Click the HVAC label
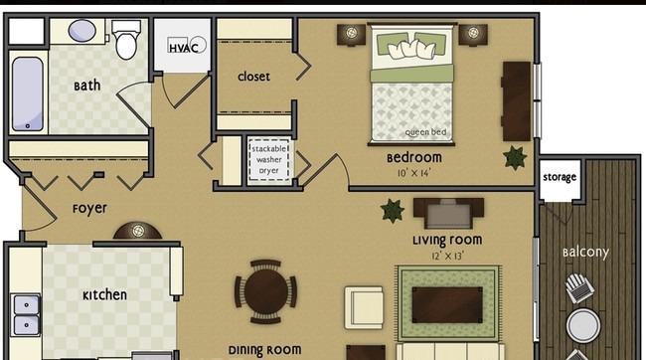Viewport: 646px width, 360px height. [x=183, y=48]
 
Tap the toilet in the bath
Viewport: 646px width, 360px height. [x=126, y=40]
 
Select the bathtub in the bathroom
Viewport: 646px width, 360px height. [x=27, y=94]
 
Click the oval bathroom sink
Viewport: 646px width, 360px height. [x=81, y=31]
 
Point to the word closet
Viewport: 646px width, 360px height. [x=253, y=77]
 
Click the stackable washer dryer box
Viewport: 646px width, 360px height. [x=269, y=159]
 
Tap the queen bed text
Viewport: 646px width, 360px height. [x=425, y=132]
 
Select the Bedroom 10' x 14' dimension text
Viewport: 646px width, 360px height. [x=414, y=173]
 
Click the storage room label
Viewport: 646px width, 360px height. [x=560, y=177]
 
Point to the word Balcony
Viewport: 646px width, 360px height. [x=585, y=252]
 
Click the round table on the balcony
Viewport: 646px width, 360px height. [x=583, y=326]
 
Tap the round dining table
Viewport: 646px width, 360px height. [x=266, y=291]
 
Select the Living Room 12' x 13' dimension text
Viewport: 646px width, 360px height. [x=447, y=257]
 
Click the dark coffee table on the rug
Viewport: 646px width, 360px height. [x=447, y=305]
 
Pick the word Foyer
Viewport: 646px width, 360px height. [x=89, y=209]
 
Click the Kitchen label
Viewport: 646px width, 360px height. [x=104, y=294]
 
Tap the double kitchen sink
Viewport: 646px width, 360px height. [x=26, y=315]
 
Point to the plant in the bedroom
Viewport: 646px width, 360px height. [x=515, y=157]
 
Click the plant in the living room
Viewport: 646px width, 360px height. [x=393, y=211]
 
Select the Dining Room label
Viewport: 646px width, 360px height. [x=265, y=350]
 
